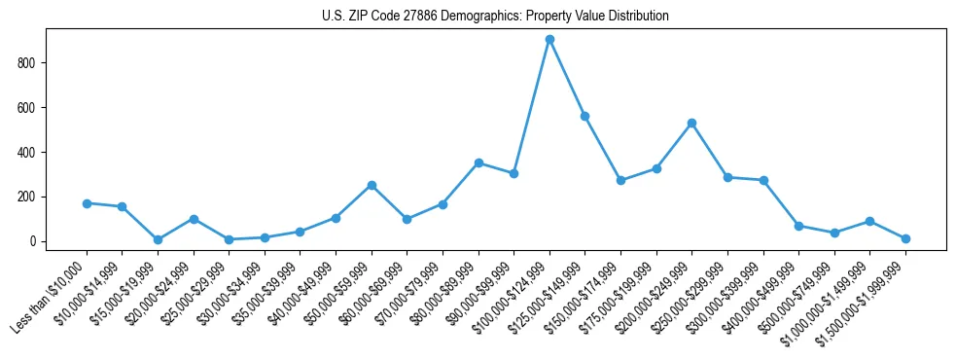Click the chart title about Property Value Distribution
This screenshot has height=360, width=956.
pyautogui.click(x=495, y=16)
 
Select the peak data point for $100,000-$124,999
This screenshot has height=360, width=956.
pyautogui.click(x=549, y=39)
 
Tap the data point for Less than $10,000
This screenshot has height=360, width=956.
pyautogui.click(x=87, y=203)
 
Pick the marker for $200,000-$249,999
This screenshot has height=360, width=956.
pyautogui.click(x=691, y=123)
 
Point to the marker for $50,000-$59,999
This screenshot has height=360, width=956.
pyautogui.click(x=372, y=185)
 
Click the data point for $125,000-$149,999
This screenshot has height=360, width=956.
pyautogui.click(x=584, y=116)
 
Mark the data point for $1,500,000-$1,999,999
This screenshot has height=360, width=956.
pyautogui.click(x=905, y=238)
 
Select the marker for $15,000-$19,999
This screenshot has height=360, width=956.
pyautogui.click(x=158, y=239)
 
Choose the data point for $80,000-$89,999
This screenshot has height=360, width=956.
pyautogui.click(x=478, y=162)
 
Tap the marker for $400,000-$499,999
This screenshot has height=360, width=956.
pyautogui.click(x=798, y=226)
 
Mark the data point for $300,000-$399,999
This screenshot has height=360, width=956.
pyautogui.click(x=763, y=180)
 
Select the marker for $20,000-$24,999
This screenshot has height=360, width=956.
pyautogui.click(x=194, y=219)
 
